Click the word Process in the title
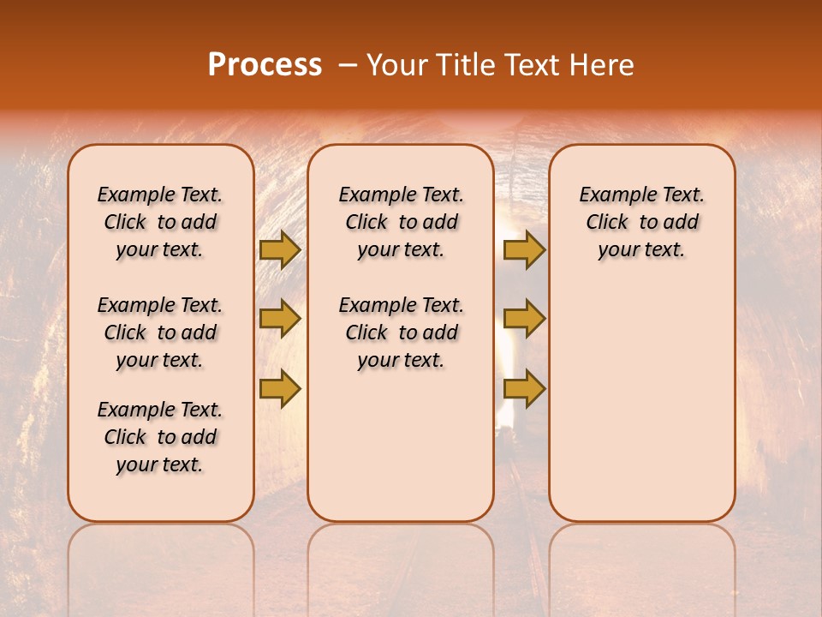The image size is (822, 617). (265, 65)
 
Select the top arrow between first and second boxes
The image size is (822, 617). (279, 250)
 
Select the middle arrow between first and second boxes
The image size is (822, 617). (279, 320)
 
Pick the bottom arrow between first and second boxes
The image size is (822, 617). (279, 388)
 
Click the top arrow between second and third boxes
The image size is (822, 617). (524, 250)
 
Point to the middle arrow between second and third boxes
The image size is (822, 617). (524, 320)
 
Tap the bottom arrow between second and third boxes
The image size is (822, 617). (524, 388)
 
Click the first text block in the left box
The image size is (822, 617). (160, 222)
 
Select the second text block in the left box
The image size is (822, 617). (160, 332)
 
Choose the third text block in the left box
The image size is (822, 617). (160, 437)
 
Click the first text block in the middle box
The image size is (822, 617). (401, 222)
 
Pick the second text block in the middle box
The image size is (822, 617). (401, 332)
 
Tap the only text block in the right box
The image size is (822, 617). (642, 222)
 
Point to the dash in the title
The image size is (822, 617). (348, 66)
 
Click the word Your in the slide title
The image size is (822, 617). (397, 65)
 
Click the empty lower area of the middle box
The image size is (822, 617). (401, 446)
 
